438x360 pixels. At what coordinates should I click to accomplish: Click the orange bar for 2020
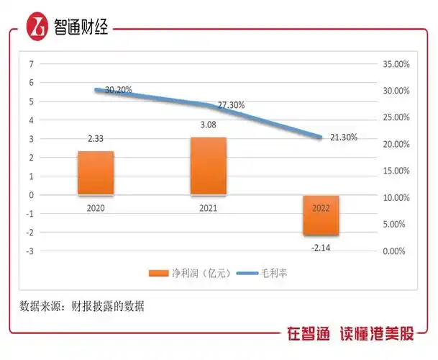[x=96, y=173]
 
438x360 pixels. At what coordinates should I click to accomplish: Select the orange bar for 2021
[x=209, y=166]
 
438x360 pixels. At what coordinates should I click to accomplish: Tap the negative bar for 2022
[x=321, y=215]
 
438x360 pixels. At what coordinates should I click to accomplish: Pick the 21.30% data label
[x=343, y=137]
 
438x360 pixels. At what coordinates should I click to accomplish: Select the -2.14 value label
[x=321, y=247]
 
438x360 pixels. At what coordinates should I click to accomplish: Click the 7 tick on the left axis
[x=31, y=63]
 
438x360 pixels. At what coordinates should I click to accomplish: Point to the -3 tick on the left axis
[x=29, y=251]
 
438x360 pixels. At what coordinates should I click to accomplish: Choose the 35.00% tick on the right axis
[x=396, y=64]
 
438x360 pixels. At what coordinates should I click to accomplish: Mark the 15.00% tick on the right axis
[x=396, y=171]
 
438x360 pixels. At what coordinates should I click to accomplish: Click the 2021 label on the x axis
[x=209, y=208]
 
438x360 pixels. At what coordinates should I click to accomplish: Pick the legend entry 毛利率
[x=265, y=273]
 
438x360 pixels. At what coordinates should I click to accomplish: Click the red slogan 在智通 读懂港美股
[x=350, y=335]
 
